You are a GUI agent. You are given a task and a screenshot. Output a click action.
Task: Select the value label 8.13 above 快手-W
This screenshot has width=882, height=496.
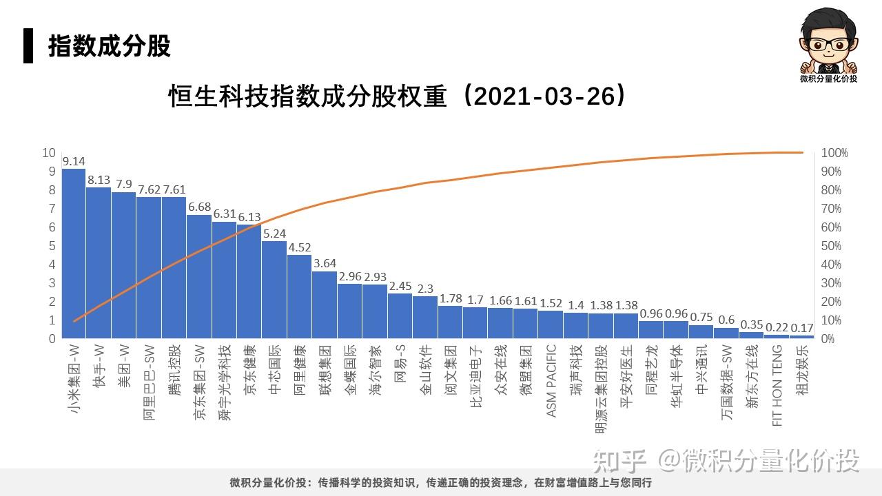[x=99, y=180]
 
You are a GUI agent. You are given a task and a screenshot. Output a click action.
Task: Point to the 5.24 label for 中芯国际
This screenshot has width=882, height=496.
[x=274, y=234]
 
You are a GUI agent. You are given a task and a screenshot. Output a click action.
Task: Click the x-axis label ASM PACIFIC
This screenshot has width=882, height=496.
[x=551, y=381]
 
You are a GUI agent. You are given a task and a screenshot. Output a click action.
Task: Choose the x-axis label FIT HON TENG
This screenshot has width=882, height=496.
[x=777, y=386]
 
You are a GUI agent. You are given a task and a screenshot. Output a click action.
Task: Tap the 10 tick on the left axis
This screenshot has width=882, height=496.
[x=49, y=153]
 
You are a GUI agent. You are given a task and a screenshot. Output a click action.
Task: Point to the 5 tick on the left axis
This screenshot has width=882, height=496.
[x=52, y=246]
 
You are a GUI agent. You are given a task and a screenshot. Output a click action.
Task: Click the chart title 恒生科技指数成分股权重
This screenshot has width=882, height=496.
[x=398, y=96]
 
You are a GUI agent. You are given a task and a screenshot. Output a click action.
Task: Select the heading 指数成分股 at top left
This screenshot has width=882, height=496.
[x=109, y=46]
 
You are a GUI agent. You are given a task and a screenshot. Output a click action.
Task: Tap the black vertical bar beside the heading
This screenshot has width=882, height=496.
[x=28, y=45]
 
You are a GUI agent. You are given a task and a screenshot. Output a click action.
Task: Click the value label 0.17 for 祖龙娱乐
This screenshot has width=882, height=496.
[x=802, y=327]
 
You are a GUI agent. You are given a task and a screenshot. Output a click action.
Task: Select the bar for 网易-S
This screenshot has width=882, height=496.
[x=400, y=316]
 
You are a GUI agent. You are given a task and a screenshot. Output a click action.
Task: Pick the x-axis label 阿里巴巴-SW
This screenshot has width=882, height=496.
[x=149, y=383]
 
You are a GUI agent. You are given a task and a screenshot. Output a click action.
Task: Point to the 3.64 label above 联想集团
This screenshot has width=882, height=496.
[x=325, y=263]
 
